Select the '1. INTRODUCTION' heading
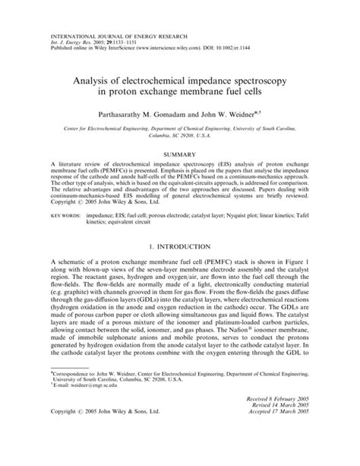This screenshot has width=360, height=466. pyautogui.click(x=181, y=246)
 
